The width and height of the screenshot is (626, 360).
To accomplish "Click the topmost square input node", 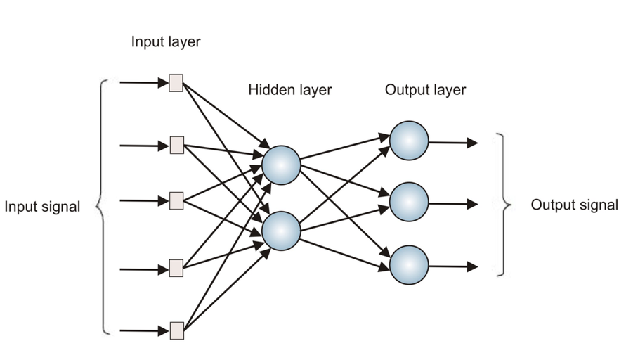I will click(176, 83).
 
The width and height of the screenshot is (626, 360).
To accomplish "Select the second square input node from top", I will click(176, 146).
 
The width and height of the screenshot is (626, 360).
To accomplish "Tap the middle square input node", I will click(176, 200).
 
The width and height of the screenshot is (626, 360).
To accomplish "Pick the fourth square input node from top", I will click(176, 268).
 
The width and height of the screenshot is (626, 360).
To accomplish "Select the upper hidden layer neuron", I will click(281, 165).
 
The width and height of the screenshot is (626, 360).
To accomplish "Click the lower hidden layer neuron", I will click(281, 231).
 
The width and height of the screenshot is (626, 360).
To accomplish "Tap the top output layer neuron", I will click(409, 141).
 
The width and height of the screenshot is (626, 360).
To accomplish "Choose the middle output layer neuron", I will click(409, 202).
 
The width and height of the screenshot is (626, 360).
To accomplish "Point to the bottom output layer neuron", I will click(409, 265).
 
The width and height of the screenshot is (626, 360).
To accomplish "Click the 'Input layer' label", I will click(166, 42).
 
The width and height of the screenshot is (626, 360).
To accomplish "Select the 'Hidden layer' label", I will click(289, 90).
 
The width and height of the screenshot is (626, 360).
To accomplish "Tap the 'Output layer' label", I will click(425, 90).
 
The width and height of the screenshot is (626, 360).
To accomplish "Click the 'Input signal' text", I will click(42, 207).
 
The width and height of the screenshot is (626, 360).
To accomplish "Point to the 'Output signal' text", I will click(574, 205).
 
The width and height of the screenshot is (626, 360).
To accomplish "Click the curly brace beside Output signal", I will click(502, 204).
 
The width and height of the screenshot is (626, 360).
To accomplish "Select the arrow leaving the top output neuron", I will click(453, 143).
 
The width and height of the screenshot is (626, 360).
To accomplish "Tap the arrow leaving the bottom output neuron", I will click(453, 267).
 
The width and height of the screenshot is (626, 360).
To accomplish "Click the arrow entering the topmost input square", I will click(144, 83).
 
